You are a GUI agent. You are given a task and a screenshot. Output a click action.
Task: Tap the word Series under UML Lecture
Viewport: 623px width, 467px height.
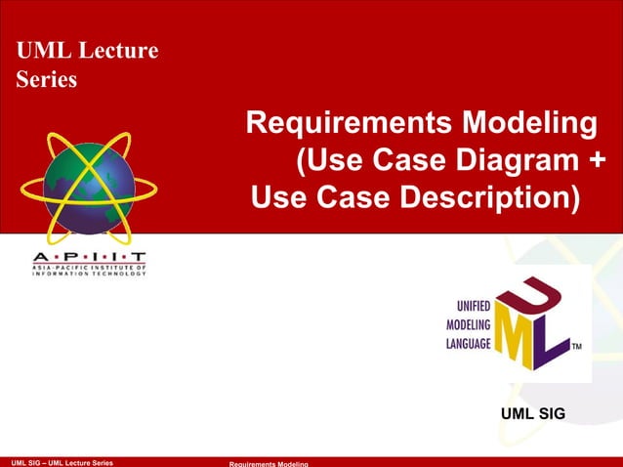47,79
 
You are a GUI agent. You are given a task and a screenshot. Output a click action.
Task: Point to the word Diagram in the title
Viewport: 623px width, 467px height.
518,161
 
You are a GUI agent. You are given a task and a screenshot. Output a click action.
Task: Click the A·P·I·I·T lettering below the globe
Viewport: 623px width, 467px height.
87,255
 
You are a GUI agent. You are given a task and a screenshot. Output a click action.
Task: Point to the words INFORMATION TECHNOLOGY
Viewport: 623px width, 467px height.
87,274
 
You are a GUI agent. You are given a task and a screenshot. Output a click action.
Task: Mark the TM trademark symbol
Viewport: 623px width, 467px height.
577,347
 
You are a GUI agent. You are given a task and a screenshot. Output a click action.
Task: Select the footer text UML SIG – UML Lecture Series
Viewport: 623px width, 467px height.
61,461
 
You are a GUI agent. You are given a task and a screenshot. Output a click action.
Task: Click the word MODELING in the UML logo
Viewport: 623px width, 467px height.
469,322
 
